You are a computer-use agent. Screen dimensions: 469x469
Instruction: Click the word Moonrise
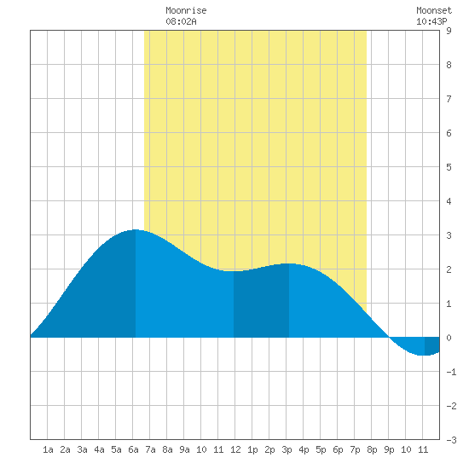click(186, 10)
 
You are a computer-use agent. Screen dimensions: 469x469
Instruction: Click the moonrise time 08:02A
click(181, 21)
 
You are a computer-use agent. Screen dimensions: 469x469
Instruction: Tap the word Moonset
click(434, 10)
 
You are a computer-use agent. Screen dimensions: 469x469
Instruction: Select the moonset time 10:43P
click(431, 21)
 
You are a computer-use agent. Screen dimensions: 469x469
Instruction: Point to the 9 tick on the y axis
click(449, 31)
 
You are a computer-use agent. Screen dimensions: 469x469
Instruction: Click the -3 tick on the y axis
click(451, 440)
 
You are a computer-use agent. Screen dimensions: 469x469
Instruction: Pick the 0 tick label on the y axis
click(449, 338)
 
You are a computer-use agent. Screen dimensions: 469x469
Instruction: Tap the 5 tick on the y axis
click(449, 167)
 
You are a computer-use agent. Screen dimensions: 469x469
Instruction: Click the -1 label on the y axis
click(451, 372)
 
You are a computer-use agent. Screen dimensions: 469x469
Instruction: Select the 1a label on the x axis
click(48, 449)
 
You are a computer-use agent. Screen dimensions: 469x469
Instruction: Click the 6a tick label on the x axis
click(133, 449)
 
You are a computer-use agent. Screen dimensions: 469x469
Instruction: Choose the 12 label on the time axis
click(235, 449)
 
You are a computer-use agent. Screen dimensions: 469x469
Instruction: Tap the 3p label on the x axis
click(287, 449)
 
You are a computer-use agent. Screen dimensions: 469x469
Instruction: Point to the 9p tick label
click(389, 449)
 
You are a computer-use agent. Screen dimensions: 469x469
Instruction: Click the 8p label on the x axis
click(372, 449)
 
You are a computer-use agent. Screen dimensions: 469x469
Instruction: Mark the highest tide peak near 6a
click(136, 229)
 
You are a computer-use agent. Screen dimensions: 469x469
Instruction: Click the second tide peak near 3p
click(289, 263)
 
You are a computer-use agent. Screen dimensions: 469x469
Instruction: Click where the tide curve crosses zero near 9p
click(389, 337)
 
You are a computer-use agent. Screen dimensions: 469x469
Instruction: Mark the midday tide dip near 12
click(234, 271)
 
